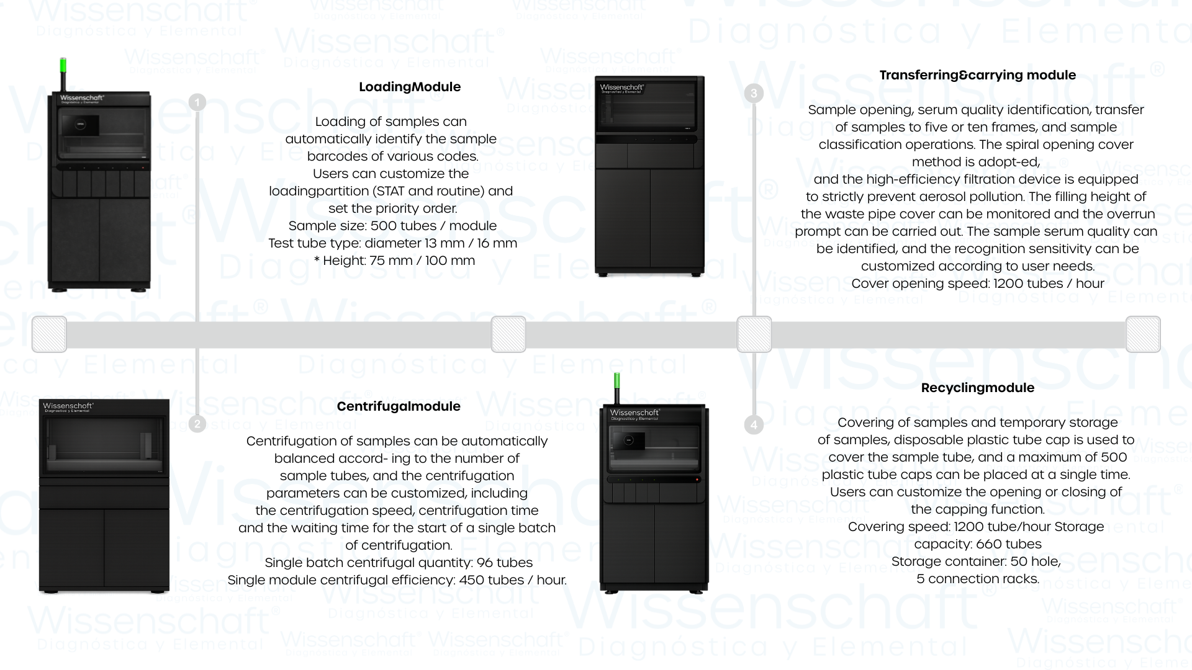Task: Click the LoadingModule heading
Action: [x=410, y=87]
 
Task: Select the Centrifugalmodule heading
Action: [x=399, y=406]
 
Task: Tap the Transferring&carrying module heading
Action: [x=977, y=75]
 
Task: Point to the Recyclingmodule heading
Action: [x=977, y=388]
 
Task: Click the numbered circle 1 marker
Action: [x=197, y=102]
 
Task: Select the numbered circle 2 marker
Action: [x=197, y=424]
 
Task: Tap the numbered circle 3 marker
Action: [x=754, y=94]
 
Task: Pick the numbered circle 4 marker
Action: [x=754, y=425]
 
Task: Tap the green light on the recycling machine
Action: [x=616, y=381]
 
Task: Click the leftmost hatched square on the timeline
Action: [x=49, y=334]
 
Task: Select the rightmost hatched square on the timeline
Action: [x=1143, y=334]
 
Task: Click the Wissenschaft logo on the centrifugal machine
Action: [x=68, y=406]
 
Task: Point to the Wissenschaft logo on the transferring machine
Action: [x=621, y=88]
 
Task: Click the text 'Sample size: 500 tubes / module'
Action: [x=392, y=226]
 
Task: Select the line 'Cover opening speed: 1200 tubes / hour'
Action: [x=977, y=284]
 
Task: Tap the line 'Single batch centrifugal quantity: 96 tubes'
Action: [x=399, y=563]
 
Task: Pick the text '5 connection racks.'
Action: [x=977, y=579]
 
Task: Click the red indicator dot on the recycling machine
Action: [x=697, y=480]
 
